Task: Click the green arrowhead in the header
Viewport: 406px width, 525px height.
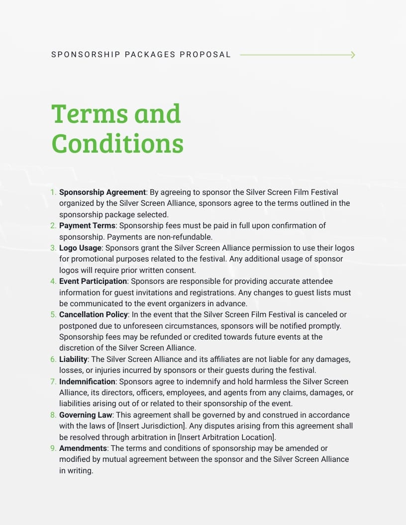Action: point(353,55)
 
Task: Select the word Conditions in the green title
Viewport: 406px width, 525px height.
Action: point(117,144)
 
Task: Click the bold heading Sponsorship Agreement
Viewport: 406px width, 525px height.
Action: point(102,192)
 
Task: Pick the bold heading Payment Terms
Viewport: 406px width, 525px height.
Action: point(87,226)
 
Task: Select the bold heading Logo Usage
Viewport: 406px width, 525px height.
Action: point(80,248)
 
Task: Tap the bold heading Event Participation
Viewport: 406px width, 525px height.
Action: point(93,281)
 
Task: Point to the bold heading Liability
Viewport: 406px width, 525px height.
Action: point(73,359)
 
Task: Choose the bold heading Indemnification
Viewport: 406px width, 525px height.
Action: point(87,381)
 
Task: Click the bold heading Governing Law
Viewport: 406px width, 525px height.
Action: point(86,415)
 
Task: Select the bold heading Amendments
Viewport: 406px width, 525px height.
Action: point(83,448)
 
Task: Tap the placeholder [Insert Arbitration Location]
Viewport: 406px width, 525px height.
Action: point(226,437)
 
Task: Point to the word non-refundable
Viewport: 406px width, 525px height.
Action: point(187,237)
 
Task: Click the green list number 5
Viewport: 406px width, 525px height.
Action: point(53,315)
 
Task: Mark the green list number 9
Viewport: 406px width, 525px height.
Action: point(53,448)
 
